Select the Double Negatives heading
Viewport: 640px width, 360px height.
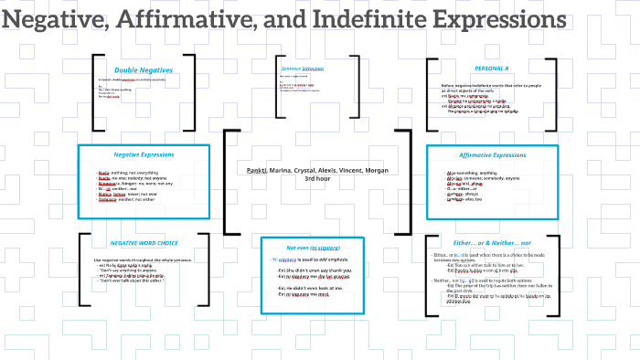144,70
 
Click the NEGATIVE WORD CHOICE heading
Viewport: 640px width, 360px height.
144,243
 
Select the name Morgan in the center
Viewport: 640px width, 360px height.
379,171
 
